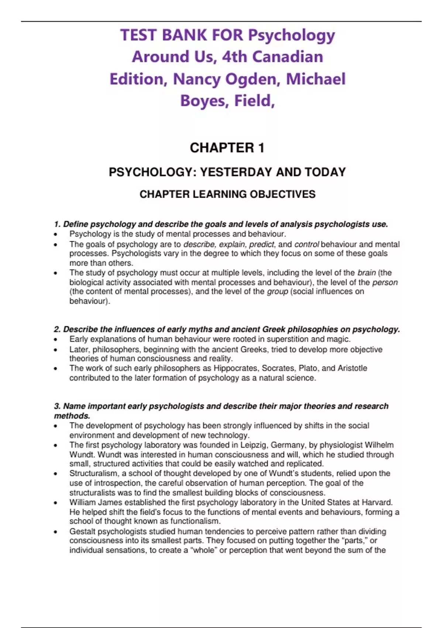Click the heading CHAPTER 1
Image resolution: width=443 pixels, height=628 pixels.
click(227, 148)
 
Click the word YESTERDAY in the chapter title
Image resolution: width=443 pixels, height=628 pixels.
click(236, 172)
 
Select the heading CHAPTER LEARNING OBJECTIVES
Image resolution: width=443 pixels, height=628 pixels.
click(227, 194)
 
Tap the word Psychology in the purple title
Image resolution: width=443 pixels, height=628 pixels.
click(291, 35)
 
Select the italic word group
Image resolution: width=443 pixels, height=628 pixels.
click(277, 291)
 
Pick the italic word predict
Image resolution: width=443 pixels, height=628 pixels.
click(261, 244)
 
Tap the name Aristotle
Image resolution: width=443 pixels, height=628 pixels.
click(352, 368)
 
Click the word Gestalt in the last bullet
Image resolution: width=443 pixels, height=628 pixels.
click(82, 531)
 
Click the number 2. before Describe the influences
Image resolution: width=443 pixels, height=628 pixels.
click(57, 329)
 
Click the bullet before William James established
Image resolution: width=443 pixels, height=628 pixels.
click(55, 503)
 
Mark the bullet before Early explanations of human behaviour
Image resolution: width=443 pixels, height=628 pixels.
click(55, 339)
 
